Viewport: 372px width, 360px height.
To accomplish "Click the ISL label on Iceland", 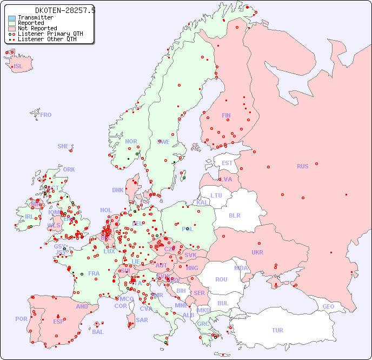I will pos(18,67).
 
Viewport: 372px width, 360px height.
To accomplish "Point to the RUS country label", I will pos(302,167).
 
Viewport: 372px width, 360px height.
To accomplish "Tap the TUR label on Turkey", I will pos(277,330).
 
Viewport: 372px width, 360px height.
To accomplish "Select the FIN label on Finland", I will pos(226,115).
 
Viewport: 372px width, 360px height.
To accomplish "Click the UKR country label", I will pos(257,252).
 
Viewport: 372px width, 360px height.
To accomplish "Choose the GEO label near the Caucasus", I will pos(328,306).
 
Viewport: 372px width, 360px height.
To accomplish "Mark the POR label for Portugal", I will pos(21,319).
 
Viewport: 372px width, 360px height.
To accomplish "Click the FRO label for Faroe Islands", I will pos(46,115).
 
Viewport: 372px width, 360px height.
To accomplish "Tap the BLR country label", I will pos(234,215).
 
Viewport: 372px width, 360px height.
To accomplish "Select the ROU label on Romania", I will pos(221,279).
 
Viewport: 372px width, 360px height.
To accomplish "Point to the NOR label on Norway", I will pos(131,141).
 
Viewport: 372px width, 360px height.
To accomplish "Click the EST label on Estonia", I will pos(227,163).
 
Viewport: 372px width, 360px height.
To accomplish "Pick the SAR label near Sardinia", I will pos(142,320).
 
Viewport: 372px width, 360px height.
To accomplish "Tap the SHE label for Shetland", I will pos(63,146).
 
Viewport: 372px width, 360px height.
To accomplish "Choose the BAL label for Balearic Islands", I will pos(98,332).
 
